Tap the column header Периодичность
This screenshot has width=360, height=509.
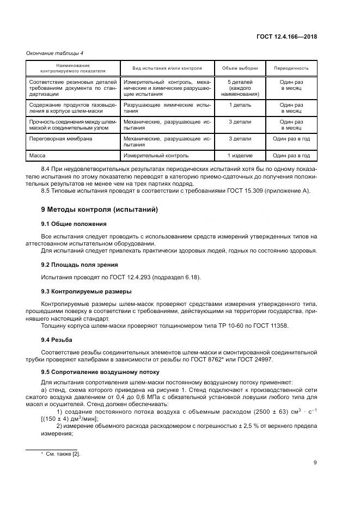pyautogui.click(x=291, y=69)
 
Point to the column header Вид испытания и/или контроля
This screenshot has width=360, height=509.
pyautogui.click(x=167, y=69)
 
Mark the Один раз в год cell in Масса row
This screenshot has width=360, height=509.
pyautogui.click(x=291, y=156)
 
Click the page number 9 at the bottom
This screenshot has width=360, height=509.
pyautogui.click(x=315, y=463)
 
